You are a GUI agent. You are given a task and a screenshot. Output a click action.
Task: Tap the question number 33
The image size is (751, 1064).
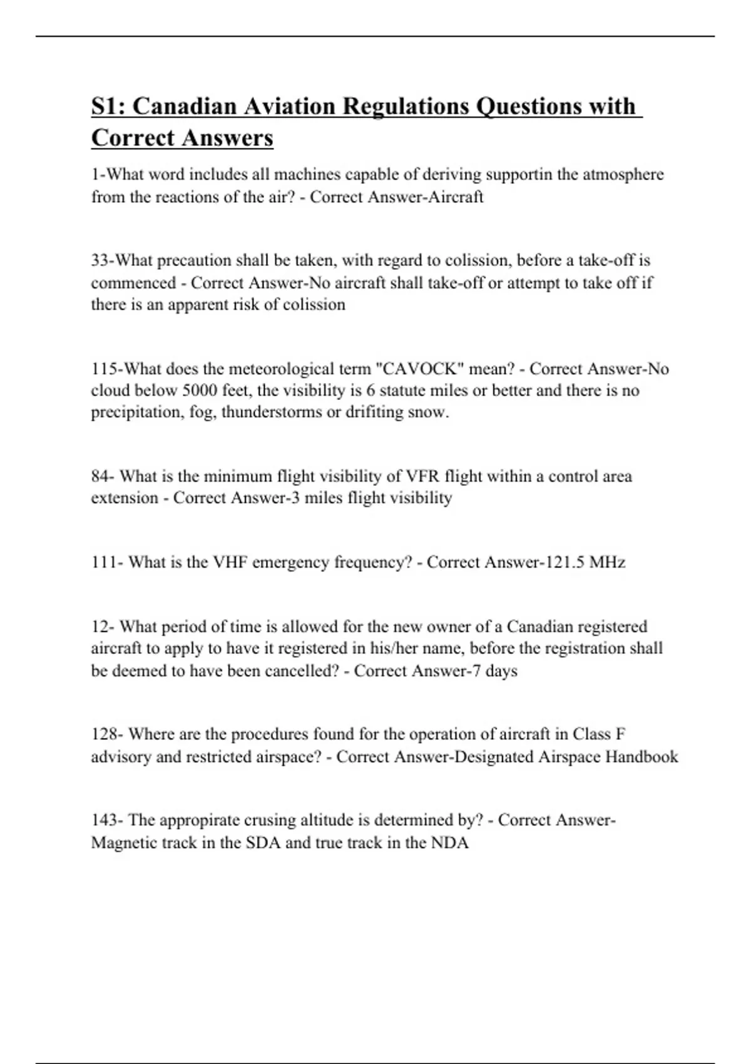point(100,260)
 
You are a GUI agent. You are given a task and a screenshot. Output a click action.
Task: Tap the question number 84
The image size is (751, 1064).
point(101,476)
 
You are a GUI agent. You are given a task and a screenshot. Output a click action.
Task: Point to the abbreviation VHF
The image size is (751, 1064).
point(230,562)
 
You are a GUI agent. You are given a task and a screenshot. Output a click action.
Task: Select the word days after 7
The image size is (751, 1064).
point(501,671)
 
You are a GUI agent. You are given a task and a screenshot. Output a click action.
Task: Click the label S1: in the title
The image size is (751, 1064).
point(109,106)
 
